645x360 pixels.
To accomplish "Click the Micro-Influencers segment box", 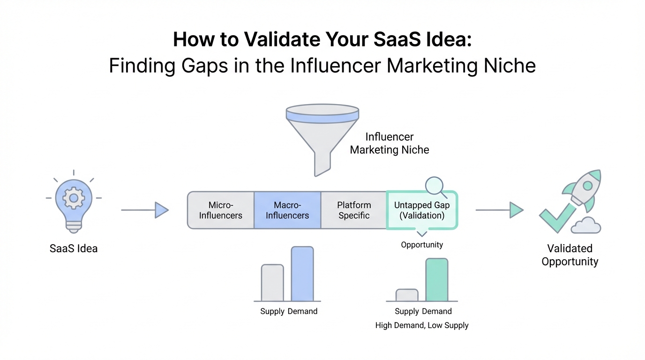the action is [x=221, y=210].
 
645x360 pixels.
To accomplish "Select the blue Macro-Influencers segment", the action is [x=287, y=210].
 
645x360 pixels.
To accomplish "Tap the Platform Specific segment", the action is [x=354, y=210].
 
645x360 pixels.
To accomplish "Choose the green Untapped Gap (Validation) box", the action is [x=422, y=210].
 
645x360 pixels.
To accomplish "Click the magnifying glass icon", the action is [x=435, y=186].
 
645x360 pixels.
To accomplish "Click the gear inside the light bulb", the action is [x=74, y=198].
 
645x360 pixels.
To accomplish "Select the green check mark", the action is [x=557, y=218].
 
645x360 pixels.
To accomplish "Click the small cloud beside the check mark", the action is [x=585, y=225].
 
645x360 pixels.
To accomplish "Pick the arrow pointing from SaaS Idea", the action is [x=145, y=210].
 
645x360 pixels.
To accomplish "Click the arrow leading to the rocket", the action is [x=499, y=210].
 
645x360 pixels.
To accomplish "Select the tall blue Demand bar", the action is [x=302, y=274].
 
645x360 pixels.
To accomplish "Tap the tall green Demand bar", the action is [x=437, y=280].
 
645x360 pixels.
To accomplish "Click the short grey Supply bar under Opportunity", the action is [x=407, y=295].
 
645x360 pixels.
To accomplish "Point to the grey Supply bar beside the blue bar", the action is [x=272, y=283].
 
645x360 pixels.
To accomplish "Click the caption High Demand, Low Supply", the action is [x=422, y=325].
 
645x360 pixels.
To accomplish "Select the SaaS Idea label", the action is [x=74, y=248].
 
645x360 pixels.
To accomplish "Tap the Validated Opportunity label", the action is [x=570, y=255].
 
